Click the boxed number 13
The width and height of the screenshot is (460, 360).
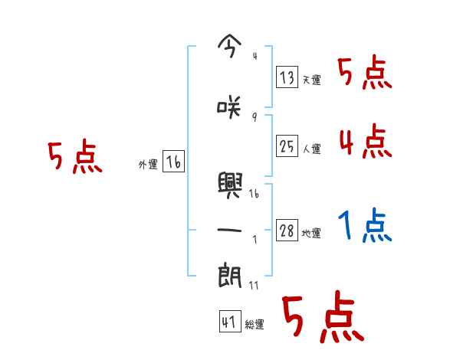click(x=287, y=77)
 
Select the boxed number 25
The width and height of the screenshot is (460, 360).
click(x=287, y=145)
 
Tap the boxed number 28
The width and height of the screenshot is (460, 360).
click(x=287, y=231)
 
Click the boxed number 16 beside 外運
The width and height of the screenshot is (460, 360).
click(x=174, y=162)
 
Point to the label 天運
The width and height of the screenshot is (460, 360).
click(x=311, y=80)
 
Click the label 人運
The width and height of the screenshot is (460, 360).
click(x=311, y=148)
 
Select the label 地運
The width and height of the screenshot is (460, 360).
click(x=311, y=234)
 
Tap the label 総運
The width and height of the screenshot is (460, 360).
click(x=255, y=326)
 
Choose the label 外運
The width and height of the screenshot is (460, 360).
click(x=148, y=164)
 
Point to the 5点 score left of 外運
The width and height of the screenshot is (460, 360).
click(x=74, y=157)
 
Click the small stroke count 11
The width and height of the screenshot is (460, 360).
click(x=254, y=285)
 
